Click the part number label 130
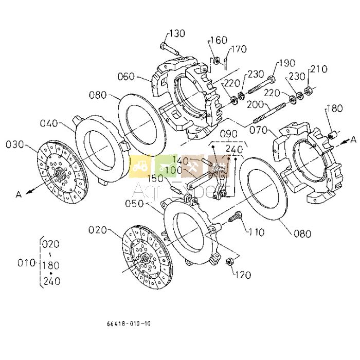(x=177, y=33)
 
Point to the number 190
(x=286, y=63)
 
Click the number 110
(x=256, y=233)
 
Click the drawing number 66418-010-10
(x=129, y=324)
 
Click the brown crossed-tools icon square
(x=193, y=167)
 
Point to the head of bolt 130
(x=164, y=46)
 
